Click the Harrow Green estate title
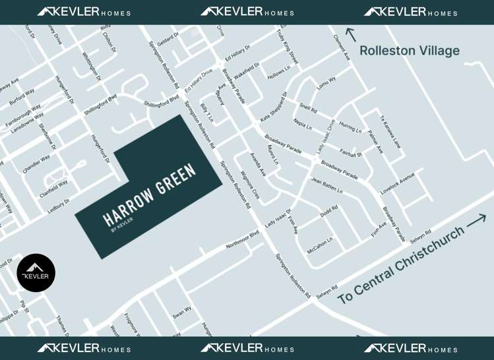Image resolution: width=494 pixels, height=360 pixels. click(x=150, y=194)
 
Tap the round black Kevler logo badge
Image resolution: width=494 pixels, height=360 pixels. click(x=36, y=272)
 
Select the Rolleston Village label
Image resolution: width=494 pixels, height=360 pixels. click(x=410, y=51)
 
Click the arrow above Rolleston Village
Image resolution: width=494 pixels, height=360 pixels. click(x=350, y=34)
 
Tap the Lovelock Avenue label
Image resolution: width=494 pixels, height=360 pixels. click(x=398, y=184)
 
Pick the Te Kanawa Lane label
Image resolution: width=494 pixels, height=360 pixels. click(x=390, y=132)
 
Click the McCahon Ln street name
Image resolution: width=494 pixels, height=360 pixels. click(x=320, y=245)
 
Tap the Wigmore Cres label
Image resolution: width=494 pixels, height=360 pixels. click(x=250, y=185)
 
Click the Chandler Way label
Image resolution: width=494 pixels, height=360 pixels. click(x=36, y=164)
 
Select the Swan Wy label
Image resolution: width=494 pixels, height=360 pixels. click(x=182, y=313)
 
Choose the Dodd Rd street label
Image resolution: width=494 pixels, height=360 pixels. click(x=328, y=212)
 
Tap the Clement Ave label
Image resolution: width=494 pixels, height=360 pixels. click(x=342, y=48)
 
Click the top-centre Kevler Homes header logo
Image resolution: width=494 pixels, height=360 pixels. click(x=247, y=12)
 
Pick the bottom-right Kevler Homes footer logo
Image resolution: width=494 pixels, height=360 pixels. click(x=410, y=348)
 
